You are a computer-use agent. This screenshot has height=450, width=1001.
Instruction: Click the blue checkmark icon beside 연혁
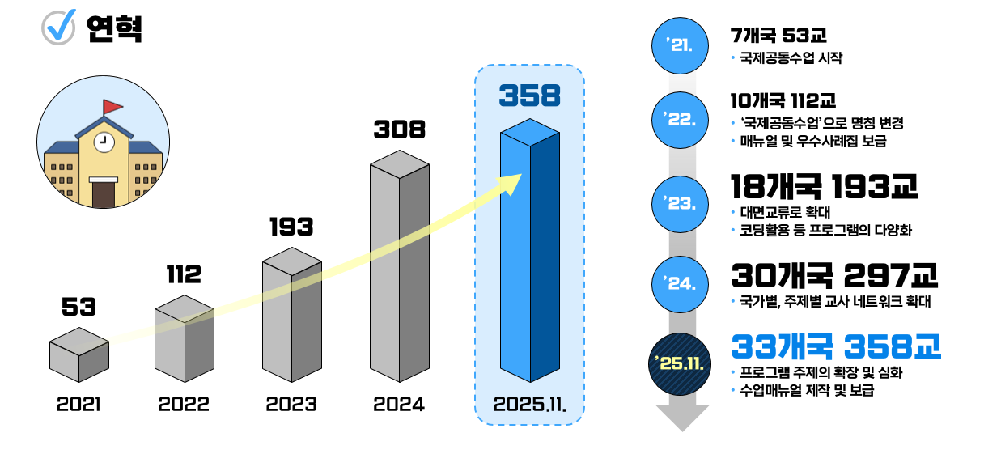58,27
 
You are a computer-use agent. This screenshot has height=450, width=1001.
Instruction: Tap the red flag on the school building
112,106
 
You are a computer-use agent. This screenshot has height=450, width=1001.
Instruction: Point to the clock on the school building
103,142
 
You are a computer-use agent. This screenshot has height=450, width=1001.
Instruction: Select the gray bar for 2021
78,355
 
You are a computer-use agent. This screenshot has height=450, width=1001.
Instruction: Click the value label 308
399,129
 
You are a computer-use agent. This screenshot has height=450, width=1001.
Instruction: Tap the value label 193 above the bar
291,227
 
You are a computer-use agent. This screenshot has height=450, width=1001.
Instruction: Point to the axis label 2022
184,404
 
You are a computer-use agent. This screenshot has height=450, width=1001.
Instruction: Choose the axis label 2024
399,404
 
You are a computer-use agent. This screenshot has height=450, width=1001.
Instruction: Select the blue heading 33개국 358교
835,347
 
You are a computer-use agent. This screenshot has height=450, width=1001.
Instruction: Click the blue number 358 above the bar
529,96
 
